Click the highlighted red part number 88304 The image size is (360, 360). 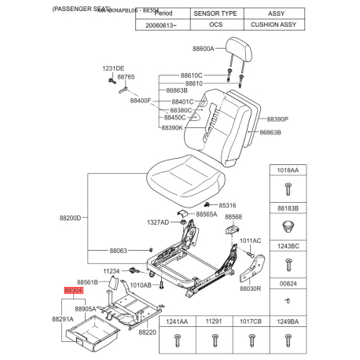tap(73, 290)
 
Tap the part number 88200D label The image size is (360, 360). tap(70, 218)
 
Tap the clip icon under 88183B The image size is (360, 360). tap(287, 226)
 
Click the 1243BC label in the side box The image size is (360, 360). tap(287, 247)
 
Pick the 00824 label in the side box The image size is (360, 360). tap(287, 285)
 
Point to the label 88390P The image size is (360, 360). tap(277, 119)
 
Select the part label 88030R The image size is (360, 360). tap(249, 288)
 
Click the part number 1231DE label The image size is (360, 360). tap(114, 69)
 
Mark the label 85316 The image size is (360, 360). tap(227, 205)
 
